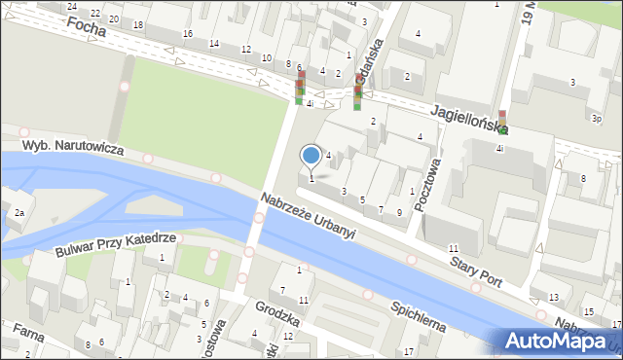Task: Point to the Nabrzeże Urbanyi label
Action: (x=308, y=215)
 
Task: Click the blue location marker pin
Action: (x=311, y=156)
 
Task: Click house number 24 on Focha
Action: (x=71, y=6)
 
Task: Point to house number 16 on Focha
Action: (x=187, y=33)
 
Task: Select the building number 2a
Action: (x=18, y=212)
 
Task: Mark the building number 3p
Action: (x=595, y=118)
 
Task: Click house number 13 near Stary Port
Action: (x=553, y=297)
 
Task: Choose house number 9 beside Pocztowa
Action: (x=398, y=211)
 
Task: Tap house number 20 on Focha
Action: (x=115, y=18)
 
